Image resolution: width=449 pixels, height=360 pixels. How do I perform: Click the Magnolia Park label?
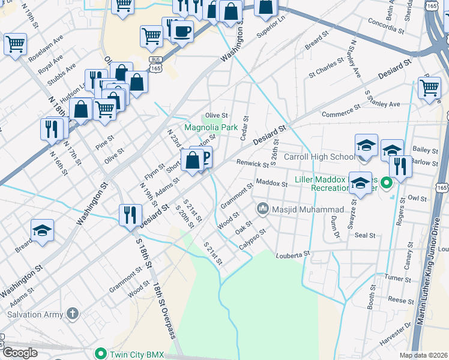tap(211, 128)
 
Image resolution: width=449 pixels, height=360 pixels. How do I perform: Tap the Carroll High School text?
tap(319, 157)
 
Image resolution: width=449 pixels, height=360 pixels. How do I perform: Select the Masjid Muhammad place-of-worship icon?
tap(262, 209)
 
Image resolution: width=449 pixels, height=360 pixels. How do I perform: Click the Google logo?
tap(20, 353)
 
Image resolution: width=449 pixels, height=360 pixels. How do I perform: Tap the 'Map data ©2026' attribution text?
tap(423, 355)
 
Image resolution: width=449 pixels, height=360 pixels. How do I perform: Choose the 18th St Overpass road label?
tap(163, 311)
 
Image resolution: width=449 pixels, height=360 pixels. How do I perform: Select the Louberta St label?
tap(292, 255)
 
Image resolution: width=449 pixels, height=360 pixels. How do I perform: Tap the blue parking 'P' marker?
tap(203, 157)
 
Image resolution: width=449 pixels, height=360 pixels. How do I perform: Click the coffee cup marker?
tap(182, 31)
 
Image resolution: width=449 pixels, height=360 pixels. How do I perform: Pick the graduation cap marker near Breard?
tap(42, 230)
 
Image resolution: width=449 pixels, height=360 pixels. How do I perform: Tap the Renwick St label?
tap(252, 163)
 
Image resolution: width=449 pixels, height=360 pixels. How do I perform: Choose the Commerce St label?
tap(340, 111)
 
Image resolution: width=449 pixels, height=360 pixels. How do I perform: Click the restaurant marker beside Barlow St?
tap(400, 166)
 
